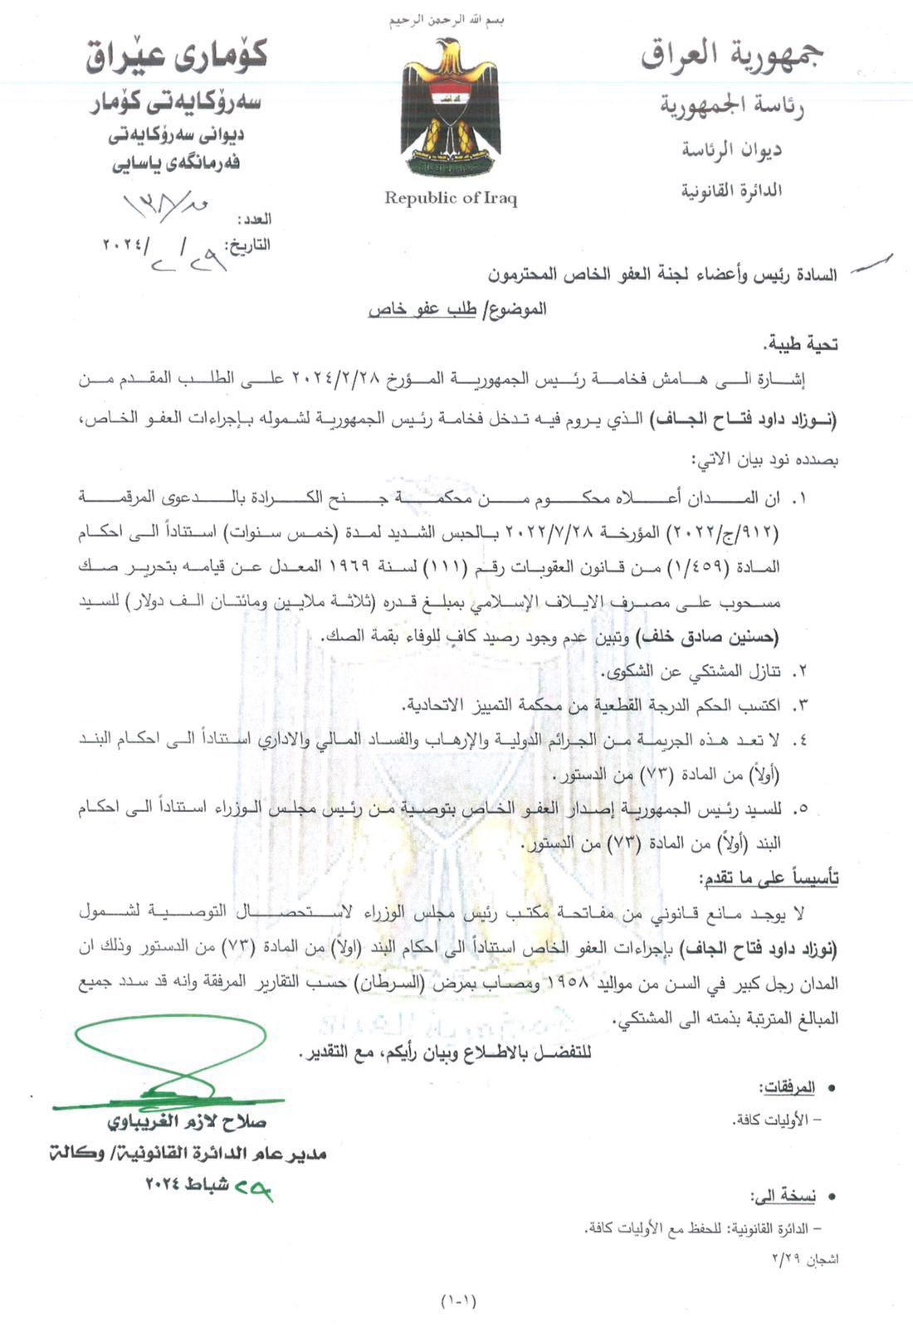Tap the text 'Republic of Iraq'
pyautogui.click(x=451, y=197)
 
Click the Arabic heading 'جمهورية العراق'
pyautogui.click(x=732, y=56)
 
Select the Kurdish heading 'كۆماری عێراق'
pyautogui.click(x=177, y=58)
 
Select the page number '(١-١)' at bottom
pyautogui.click(x=459, y=1300)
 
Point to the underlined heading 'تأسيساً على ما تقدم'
pyautogui.click(x=769, y=877)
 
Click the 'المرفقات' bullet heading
pyautogui.click(x=787, y=1087)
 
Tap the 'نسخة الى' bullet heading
pyautogui.click(x=784, y=1196)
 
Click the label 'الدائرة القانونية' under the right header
pyautogui.click(x=732, y=191)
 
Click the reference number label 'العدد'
pyautogui.click(x=254, y=220)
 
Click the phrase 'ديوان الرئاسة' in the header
pyautogui.click(x=732, y=150)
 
